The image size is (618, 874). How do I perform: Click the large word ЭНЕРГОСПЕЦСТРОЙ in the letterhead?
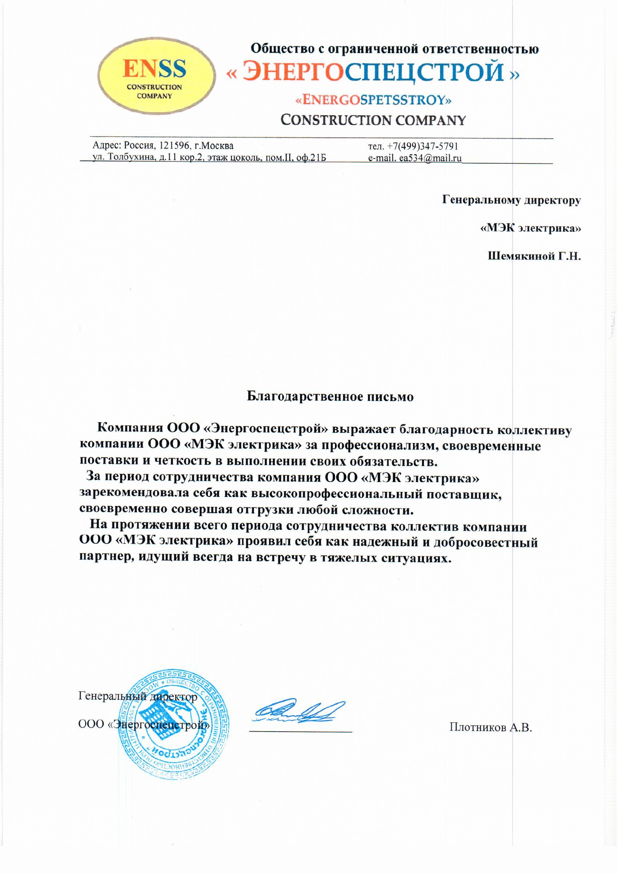tap(373, 72)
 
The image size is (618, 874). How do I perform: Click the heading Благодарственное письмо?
tap(330, 397)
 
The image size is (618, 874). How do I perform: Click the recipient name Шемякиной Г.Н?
tap(534, 256)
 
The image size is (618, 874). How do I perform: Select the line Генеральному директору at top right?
tap(511, 200)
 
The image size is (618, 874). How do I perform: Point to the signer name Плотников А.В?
tap(491, 728)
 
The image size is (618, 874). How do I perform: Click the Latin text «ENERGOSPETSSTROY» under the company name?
tap(373, 101)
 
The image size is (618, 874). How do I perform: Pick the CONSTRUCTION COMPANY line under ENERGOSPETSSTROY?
tap(373, 121)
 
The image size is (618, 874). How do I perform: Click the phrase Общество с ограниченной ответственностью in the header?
tap(394, 49)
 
